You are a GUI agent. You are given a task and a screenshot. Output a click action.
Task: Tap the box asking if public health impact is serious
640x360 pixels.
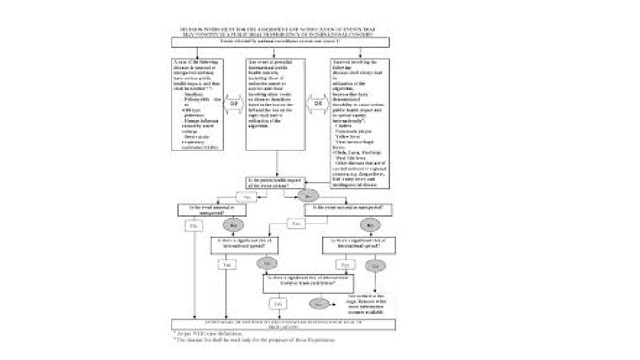coord(277,182)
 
